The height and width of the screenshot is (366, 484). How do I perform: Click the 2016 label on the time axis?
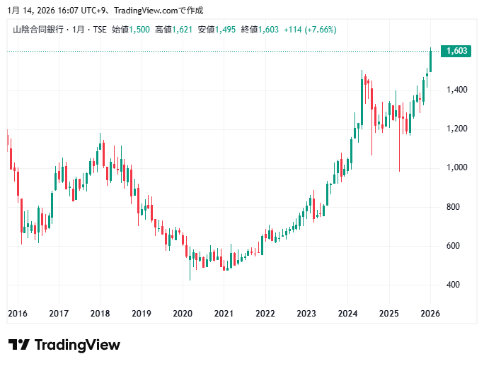[17, 314]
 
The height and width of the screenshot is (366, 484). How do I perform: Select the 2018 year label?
[100, 314]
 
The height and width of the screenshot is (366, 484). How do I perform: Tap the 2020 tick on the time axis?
[183, 314]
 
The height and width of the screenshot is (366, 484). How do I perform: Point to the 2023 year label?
[306, 314]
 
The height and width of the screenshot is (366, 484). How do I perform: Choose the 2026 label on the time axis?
[430, 314]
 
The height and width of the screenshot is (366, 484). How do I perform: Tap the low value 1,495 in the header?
[226, 30]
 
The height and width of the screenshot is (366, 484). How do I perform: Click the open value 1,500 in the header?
[139, 30]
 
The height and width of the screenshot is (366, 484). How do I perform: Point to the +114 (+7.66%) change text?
[310, 30]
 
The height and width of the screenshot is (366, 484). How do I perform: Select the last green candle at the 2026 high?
[431, 61]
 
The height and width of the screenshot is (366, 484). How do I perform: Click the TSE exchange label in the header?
[100, 30]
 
